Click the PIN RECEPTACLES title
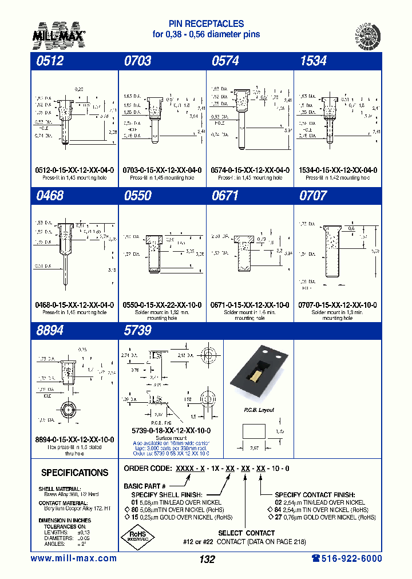coord(206,24)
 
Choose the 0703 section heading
coord(137,60)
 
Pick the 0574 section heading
coord(225,60)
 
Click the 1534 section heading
coord(313,60)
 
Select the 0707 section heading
coord(313,196)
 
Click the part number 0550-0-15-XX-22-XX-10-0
coord(162,305)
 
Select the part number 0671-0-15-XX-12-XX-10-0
coord(250,305)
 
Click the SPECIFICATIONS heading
coord(74,473)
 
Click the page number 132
coord(207,560)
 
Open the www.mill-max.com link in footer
coord(73,558)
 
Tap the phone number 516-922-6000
coord(346,558)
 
